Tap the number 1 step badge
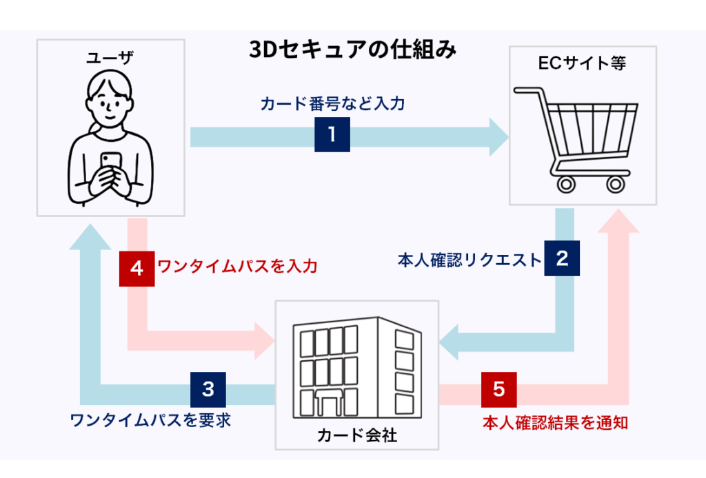tap(332, 134)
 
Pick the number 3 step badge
tap(208, 389)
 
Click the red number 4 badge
tap(137, 267)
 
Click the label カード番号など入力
tap(332, 105)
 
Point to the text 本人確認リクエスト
tap(470, 260)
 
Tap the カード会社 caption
tap(356, 435)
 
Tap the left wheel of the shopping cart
tap(566, 184)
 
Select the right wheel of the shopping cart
tap(614, 184)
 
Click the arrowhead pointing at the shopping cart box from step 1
tap(498, 136)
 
